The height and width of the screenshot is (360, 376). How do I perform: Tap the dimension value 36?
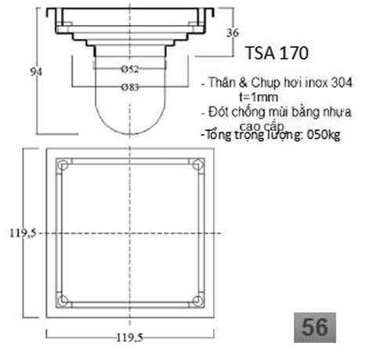(232, 32)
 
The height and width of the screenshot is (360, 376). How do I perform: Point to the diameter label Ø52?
(130, 71)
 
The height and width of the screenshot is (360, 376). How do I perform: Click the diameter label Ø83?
(130, 86)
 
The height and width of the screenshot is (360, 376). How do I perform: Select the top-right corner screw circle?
(197, 165)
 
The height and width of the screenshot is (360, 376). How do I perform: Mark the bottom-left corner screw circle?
(63, 300)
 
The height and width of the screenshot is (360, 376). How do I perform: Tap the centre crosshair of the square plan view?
(130, 233)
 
